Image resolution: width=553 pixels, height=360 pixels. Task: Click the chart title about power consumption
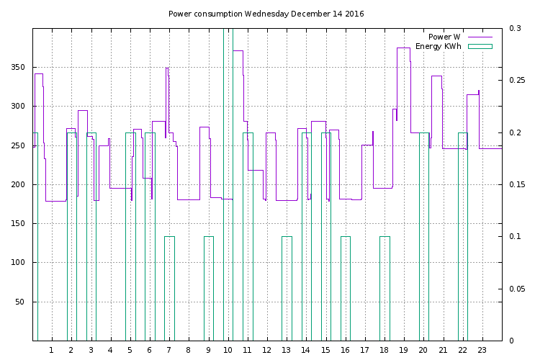tap(266, 14)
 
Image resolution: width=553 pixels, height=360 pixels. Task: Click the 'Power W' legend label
tap(444, 37)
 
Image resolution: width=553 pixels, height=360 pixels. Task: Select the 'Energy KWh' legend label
tap(438, 46)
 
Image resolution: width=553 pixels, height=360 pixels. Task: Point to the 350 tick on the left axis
tap(19, 68)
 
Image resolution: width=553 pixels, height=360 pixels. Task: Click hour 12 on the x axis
tap(267, 350)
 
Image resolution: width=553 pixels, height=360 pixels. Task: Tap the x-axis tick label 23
tap(482, 350)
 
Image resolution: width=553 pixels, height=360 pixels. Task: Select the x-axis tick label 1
tap(51, 350)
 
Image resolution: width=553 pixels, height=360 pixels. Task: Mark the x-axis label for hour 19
tap(404, 350)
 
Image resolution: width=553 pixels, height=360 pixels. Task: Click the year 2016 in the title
tap(354, 14)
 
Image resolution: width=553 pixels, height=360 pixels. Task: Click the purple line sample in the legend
tap(480, 37)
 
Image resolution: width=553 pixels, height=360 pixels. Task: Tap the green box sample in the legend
tap(480, 46)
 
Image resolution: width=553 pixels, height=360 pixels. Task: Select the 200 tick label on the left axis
tap(19, 185)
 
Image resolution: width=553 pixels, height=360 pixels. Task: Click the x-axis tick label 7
tap(168, 350)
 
